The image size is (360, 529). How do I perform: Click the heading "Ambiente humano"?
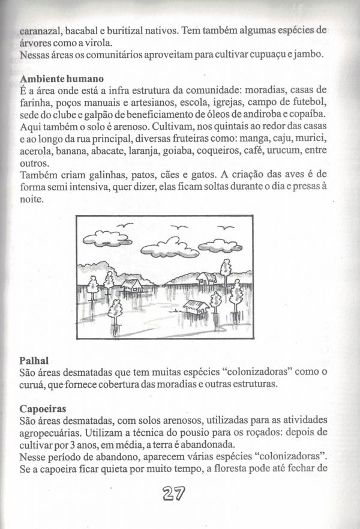tap(62, 79)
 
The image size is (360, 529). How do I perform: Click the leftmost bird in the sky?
tap(125, 225)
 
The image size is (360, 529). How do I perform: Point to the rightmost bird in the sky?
tap(226, 228)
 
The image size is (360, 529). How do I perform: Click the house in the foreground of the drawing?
tap(196, 307)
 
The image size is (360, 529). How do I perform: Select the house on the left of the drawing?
tap(133, 285)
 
